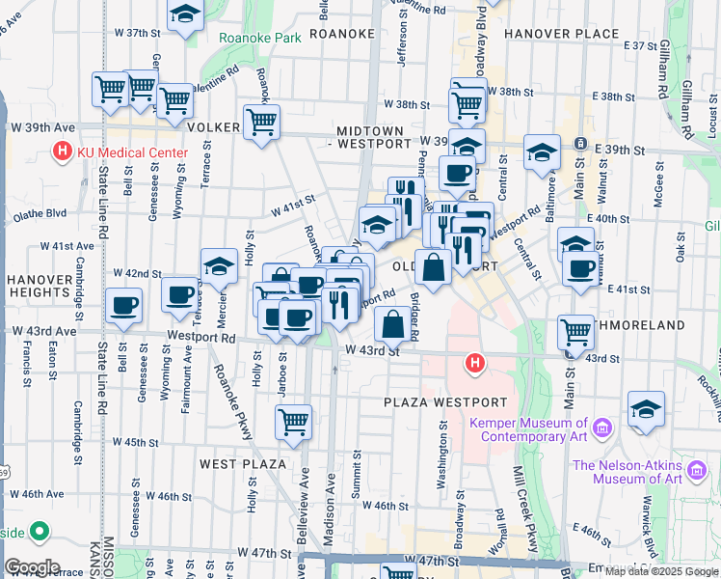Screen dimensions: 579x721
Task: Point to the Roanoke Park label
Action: tap(260, 38)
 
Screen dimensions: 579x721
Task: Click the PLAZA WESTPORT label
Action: tap(445, 401)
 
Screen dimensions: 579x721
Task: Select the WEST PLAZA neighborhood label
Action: tap(243, 464)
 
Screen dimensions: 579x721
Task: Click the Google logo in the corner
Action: tap(32, 567)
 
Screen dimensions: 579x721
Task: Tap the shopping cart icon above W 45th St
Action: tap(293, 421)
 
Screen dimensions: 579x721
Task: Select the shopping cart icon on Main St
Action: tap(575, 331)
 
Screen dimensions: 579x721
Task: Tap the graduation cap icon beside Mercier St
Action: tap(219, 266)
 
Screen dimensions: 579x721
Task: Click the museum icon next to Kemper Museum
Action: tap(602, 427)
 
